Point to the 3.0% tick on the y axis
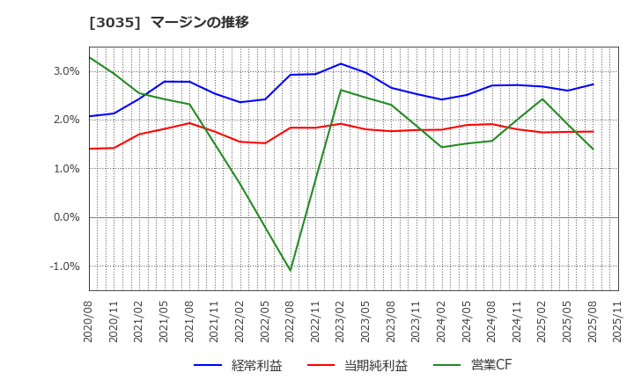point(67,71)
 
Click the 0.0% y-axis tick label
point(67,217)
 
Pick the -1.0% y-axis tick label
point(65,267)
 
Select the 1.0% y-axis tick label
point(67,169)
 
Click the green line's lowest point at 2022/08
point(291,270)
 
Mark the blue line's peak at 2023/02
point(341,63)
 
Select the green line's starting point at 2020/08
point(89,57)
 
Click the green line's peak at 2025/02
point(542,99)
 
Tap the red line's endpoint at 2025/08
point(593,132)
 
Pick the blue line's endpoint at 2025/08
point(593,84)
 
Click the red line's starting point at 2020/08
point(89,149)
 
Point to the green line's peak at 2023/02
point(341,90)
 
